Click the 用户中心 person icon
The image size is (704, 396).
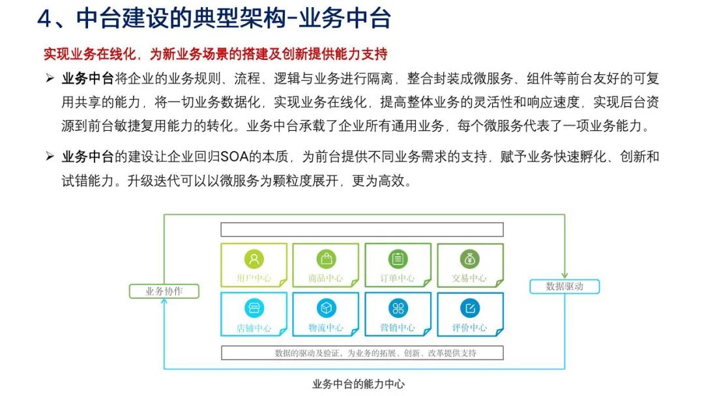(254, 259)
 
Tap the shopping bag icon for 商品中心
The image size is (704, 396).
(326, 259)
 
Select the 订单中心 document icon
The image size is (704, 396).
(398, 259)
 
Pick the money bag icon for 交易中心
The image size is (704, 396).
(469, 259)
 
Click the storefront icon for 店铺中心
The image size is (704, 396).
(254, 308)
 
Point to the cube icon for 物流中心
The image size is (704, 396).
(326, 308)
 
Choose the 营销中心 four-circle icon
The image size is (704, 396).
(398, 308)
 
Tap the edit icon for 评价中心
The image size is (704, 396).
(469, 308)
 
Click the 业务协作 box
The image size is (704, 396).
(164, 291)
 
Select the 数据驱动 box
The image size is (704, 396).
(565, 286)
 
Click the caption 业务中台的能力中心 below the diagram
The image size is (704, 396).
(359, 384)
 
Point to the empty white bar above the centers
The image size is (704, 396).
(362, 230)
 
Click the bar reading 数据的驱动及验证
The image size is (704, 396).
(362, 353)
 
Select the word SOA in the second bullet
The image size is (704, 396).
(232, 157)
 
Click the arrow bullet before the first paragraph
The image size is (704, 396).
(50, 79)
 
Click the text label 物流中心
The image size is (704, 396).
(326, 328)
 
